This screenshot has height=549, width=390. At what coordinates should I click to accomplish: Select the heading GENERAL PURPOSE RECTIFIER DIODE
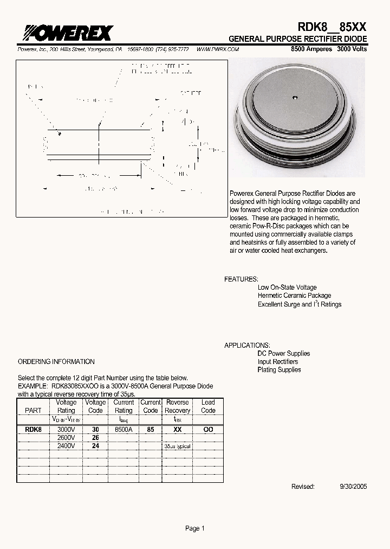click(x=297, y=40)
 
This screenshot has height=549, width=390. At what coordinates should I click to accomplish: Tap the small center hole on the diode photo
click(x=295, y=98)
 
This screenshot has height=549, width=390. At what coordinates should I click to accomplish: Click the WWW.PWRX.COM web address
click(x=217, y=49)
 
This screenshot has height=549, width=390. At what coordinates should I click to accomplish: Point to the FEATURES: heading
click(x=241, y=279)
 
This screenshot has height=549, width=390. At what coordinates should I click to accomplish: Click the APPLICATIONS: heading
click(x=247, y=345)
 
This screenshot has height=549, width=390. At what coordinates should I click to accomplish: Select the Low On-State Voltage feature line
click(x=287, y=288)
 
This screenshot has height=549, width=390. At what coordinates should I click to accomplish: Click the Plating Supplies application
click(x=279, y=370)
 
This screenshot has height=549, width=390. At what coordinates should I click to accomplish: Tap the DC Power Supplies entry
click(x=284, y=354)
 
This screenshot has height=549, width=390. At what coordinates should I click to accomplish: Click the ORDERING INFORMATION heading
click(x=56, y=361)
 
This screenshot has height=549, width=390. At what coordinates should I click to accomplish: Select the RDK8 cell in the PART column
click(x=33, y=429)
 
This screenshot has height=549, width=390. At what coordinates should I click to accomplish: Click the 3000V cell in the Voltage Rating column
click(x=66, y=429)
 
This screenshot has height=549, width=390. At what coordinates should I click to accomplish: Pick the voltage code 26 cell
click(x=95, y=437)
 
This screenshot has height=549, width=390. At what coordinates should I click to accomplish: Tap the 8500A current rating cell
click(x=123, y=429)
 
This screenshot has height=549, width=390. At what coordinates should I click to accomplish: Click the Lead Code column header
click(x=208, y=406)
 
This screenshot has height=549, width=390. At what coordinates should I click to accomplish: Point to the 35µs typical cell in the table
click(x=177, y=446)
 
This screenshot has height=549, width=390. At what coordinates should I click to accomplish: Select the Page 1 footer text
click(x=195, y=528)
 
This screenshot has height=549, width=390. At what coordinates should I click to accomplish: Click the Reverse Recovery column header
click(x=177, y=406)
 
